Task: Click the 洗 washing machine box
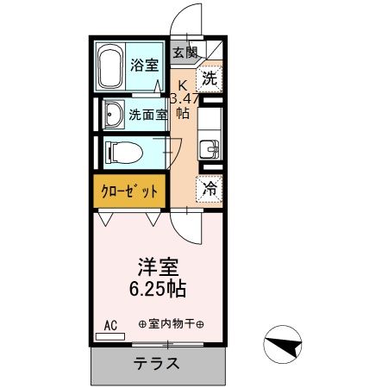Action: point(209,78)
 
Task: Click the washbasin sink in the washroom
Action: point(113,113)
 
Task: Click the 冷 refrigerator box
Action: point(210,186)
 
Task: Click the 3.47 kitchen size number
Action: point(185,98)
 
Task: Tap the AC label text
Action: point(110,324)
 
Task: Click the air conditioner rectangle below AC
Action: point(110,335)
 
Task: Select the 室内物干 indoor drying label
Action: point(171,324)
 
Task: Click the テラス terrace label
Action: point(157,363)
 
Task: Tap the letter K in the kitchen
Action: point(183,84)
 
